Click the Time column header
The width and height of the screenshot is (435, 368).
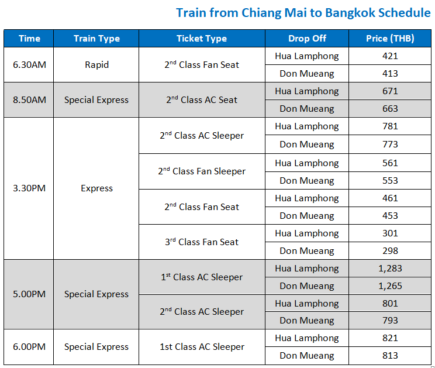point(29,39)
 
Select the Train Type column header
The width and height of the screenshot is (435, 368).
point(96,39)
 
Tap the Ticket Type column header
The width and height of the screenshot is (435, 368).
point(202,39)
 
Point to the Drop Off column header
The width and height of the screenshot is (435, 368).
point(307,39)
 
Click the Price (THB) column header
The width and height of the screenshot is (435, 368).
point(390,39)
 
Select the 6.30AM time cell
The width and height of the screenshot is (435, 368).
point(29,65)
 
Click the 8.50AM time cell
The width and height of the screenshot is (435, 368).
point(29,100)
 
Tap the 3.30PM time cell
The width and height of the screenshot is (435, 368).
point(29,188)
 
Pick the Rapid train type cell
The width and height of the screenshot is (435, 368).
point(96,65)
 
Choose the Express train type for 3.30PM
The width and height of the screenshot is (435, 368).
point(96,188)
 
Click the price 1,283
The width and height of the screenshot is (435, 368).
point(390,269)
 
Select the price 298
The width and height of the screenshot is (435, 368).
point(390,251)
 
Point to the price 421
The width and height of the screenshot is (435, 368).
point(390,56)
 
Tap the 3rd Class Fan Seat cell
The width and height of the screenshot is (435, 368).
point(202,242)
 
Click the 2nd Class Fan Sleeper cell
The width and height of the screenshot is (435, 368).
point(202,171)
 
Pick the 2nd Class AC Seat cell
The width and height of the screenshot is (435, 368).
point(202,100)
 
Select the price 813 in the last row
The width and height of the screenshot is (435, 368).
point(390,356)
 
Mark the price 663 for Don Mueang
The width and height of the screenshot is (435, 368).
point(390,109)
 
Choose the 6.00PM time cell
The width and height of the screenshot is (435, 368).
point(29,347)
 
